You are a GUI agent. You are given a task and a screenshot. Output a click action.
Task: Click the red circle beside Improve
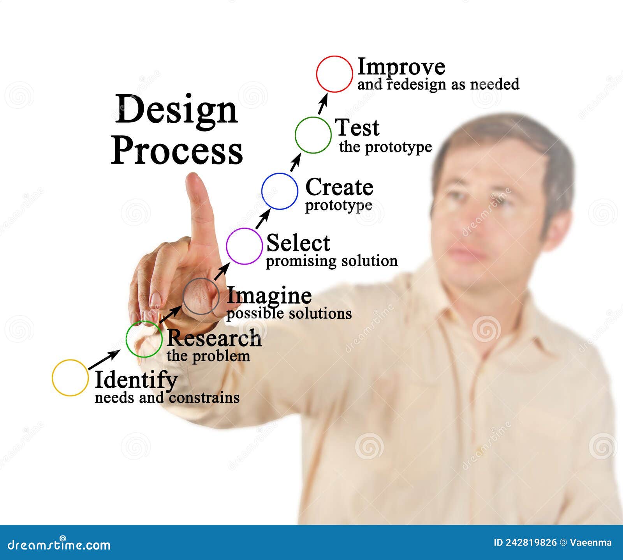(334, 74)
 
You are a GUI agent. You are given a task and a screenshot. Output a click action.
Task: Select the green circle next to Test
(313, 135)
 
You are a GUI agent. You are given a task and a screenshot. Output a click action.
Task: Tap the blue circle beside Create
(280, 191)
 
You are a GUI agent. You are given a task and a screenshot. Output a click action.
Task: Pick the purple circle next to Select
(244, 246)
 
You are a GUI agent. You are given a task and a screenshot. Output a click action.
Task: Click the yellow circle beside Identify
(70, 378)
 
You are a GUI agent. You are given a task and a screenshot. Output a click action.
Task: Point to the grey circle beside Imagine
(201, 297)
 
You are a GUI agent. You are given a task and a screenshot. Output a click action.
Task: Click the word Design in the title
(176, 110)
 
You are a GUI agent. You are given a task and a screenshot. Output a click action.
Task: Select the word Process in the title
(177, 150)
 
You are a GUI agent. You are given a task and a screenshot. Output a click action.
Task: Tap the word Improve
(401, 67)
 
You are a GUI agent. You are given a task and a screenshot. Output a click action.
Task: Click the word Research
(214, 338)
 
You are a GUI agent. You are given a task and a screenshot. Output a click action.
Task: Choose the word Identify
(136, 380)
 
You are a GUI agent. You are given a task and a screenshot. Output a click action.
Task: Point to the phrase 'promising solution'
(332, 261)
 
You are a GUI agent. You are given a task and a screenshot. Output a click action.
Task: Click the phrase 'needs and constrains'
(167, 398)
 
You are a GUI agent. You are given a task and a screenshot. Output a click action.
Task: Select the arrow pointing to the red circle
(323, 104)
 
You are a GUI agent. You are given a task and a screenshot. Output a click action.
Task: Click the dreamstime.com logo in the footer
(59, 544)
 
